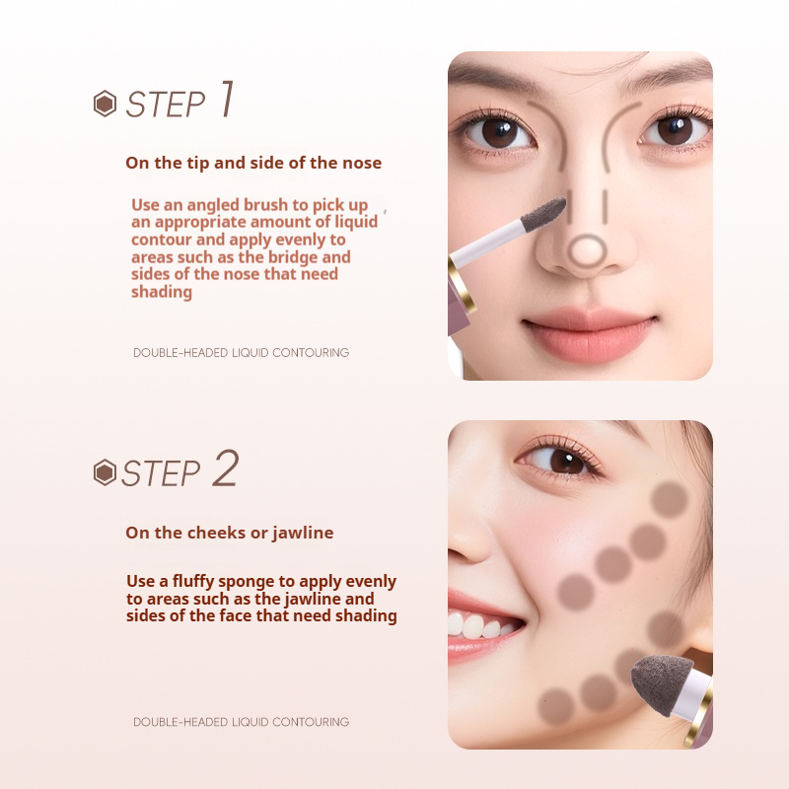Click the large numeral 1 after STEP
[x=228, y=100]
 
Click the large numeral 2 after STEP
[x=226, y=467]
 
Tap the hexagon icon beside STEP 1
[x=106, y=104]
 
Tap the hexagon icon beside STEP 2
[x=106, y=472]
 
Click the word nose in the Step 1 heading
[x=362, y=163]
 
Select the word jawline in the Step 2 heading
[x=303, y=533]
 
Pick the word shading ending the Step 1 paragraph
[x=162, y=292]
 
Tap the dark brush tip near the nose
[x=543, y=214]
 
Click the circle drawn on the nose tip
[x=587, y=251]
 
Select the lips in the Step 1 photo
[x=589, y=333]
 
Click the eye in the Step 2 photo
[x=559, y=460]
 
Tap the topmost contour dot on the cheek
[x=669, y=499]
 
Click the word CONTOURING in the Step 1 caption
[x=311, y=353]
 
